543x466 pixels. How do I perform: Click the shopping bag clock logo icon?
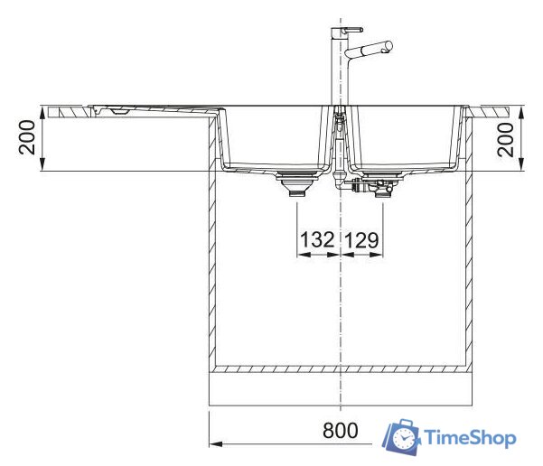401,438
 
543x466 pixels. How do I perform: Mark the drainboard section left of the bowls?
136,111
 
